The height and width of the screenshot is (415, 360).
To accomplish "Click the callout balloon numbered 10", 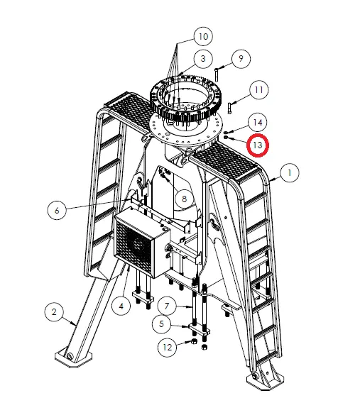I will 203,35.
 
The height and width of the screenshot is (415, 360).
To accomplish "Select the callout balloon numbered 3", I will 202,58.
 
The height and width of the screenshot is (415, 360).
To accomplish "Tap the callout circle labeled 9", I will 239,58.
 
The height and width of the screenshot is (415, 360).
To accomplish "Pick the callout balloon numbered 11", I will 258,90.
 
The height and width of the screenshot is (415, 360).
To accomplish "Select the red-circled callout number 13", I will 258,145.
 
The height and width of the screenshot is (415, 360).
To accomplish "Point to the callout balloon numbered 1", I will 288,172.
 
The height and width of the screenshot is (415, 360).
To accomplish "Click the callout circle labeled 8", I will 184,199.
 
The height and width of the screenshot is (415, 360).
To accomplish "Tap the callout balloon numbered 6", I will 57,209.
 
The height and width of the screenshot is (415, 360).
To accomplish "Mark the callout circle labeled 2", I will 53,311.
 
